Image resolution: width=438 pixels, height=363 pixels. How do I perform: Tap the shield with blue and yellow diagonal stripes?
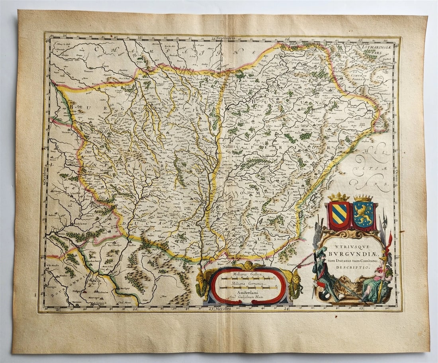coord(338,215)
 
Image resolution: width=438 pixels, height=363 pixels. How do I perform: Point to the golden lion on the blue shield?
coord(363,215)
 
